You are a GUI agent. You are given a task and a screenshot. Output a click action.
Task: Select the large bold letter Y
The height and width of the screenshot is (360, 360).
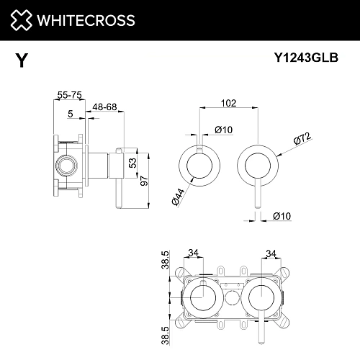point(22,61)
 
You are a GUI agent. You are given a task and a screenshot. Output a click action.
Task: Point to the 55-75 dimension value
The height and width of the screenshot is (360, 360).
point(68,94)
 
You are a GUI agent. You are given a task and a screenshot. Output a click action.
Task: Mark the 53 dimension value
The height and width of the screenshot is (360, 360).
point(132,163)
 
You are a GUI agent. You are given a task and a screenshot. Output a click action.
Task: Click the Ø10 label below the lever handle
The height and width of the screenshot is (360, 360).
point(282,215)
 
